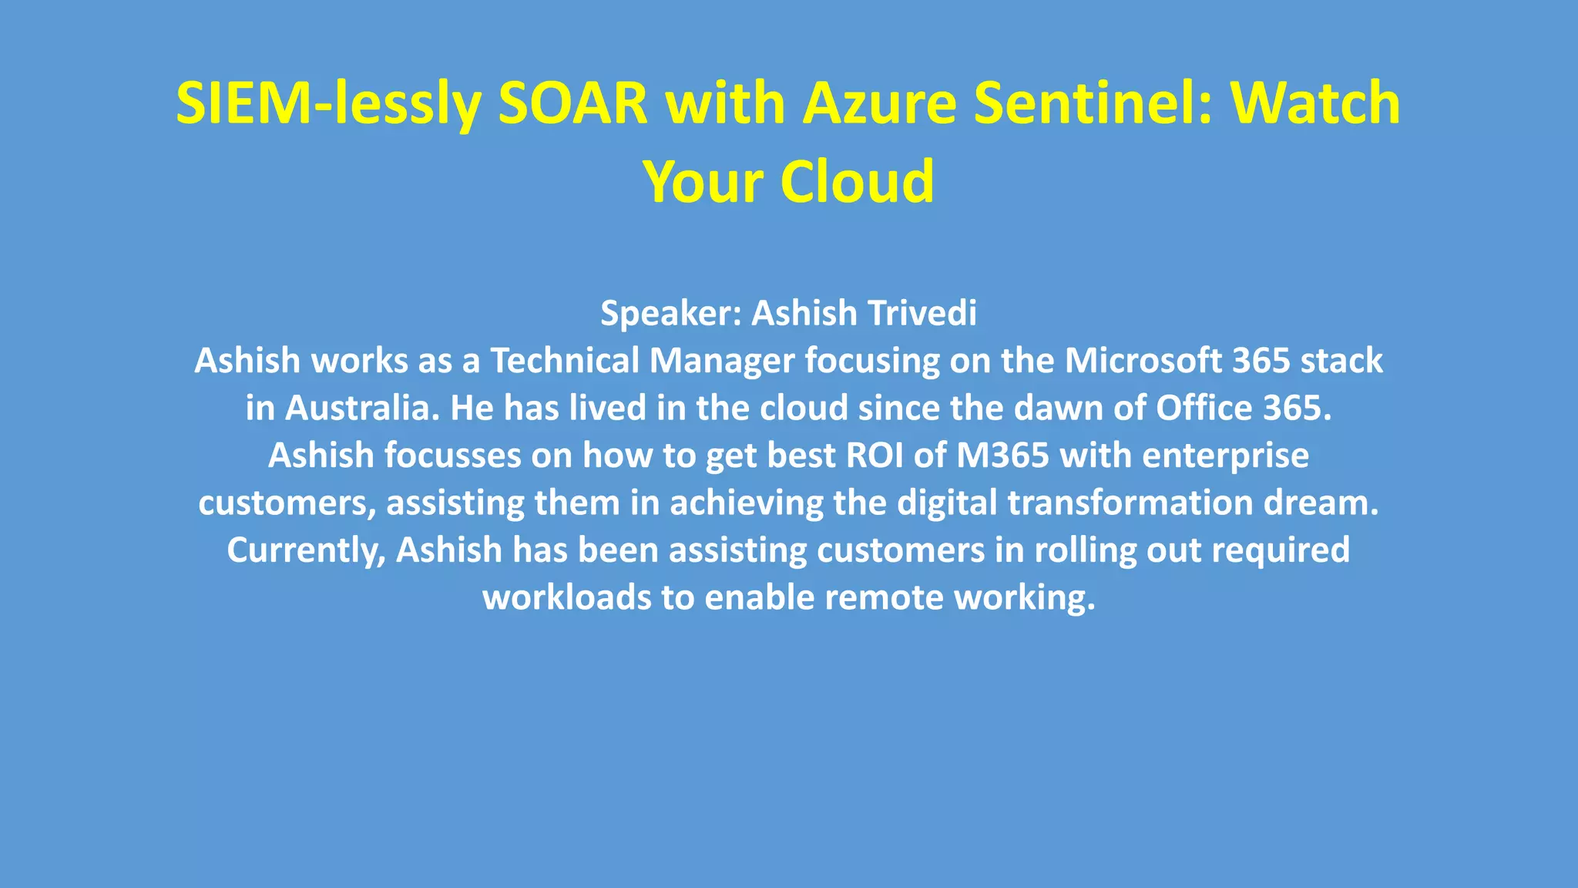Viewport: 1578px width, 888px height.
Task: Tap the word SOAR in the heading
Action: (x=573, y=104)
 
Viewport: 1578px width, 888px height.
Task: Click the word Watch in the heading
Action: (x=1314, y=104)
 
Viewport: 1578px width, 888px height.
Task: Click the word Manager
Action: (x=722, y=361)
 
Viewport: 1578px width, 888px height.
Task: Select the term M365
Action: (x=1002, y=456)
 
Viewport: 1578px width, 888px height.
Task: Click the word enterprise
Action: (x=1225, y=456)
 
